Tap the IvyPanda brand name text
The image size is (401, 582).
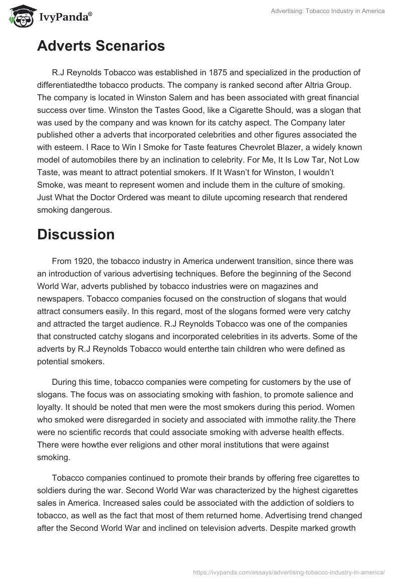(65, 17)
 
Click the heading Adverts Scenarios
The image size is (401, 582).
(101, 46)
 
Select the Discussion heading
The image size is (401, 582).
(76, 234)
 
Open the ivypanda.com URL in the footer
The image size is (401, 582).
(288, 571)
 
